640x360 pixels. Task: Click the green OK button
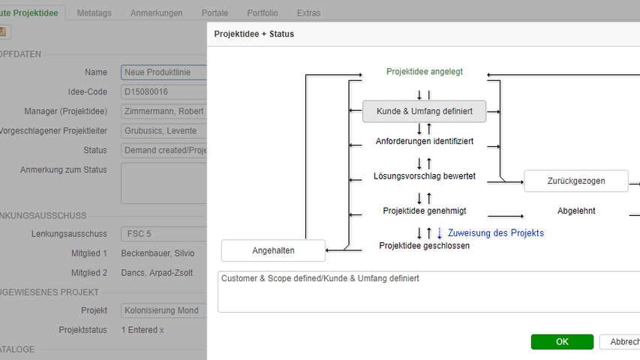pos(562,342)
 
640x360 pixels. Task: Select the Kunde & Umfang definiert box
pos(425,112)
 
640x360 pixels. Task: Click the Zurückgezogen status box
pos(575,181)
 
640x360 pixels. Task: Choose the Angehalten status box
pos(273,250)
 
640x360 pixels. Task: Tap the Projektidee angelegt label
pos(425,72)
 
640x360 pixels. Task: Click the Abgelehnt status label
pos(576,211)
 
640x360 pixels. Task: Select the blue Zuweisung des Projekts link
pos(495,233)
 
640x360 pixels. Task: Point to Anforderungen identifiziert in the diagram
pos(425,141)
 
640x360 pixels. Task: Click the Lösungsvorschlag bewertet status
pos(425,177)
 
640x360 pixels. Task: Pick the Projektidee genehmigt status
pos(425,211)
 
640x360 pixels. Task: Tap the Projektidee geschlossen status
pos(425,245)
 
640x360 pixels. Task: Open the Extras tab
pos(308,13)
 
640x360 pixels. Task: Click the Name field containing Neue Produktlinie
pos(163,73)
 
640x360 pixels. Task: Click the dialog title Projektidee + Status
pos(254,34)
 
